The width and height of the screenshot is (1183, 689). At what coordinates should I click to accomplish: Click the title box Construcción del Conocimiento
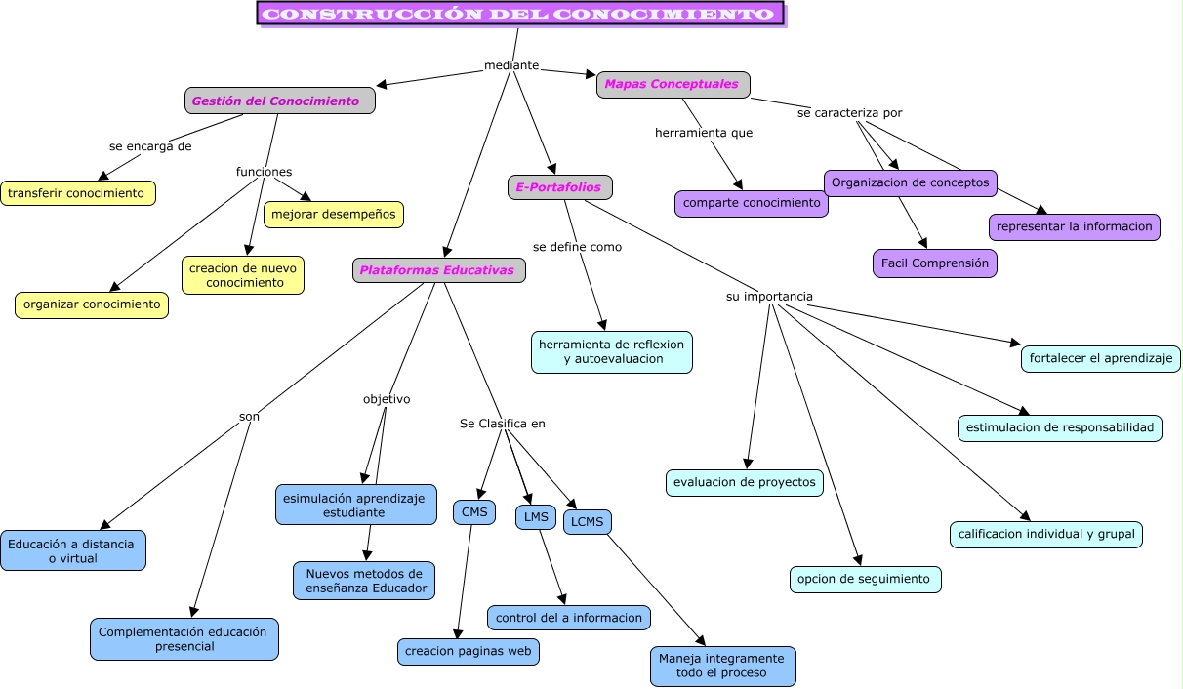tap(520, 14)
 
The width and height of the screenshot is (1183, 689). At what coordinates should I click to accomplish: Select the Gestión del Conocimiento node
tap(279, 101)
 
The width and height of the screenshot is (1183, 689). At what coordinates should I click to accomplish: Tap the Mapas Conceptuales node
tap(673, 85)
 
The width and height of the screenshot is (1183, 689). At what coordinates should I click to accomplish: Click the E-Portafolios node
tap(559, 187)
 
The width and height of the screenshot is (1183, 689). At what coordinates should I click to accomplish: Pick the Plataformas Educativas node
tap(438, 270)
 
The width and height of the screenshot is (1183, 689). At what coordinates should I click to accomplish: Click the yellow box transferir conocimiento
tap(77, 193)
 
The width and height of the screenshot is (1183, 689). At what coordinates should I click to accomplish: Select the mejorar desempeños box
tap(333, 215)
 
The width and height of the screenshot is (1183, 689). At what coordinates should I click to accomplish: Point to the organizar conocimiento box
tap(92, 304)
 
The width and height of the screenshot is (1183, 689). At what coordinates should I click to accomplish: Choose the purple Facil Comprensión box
tap(934, 263)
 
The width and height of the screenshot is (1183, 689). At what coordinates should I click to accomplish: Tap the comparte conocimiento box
tap(751, 203)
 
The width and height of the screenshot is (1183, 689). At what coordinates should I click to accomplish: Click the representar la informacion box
tap(1074, 226)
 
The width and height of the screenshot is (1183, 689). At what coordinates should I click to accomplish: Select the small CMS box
tap(473, 512)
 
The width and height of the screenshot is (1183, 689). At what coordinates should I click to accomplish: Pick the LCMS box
tap(587, 522)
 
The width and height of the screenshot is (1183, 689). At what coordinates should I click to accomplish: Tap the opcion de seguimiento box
tap(865, 579)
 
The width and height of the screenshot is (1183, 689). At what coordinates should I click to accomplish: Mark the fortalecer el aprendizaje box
tap(1100, 358)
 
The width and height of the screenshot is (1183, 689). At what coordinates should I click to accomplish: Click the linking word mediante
tap(511, 65)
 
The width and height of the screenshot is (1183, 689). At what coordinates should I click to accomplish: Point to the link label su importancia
tap(769, 297)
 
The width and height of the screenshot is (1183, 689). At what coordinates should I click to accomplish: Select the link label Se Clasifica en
tap(502, 424)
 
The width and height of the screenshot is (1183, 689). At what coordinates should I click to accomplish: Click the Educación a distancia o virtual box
tap(73, 550)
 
